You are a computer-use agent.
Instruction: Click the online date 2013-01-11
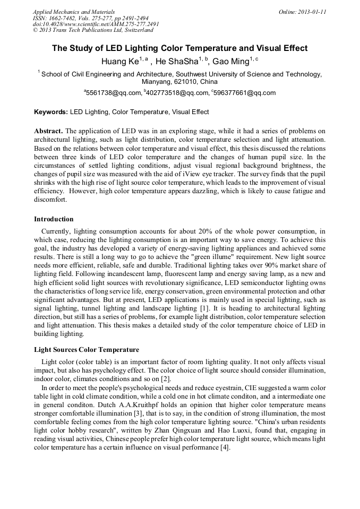coord(312,12)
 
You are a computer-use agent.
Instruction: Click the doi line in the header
coord(96,24)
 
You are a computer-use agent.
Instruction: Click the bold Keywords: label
coord(51,112)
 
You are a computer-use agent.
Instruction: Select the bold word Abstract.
coord(49,131)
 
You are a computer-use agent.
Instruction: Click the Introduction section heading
coord(54,219)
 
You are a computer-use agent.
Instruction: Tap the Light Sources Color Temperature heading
coord(87,350)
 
